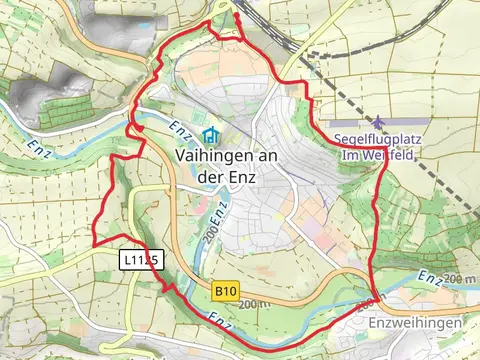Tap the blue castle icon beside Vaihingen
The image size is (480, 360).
pos(210,134)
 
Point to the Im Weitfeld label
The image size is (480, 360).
pos(377,155)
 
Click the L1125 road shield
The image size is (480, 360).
pos(139,259)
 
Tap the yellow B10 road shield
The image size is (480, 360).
pos(226,290)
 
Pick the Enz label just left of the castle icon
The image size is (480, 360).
pos(179,130)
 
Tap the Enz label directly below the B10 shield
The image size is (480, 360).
pos(222,318)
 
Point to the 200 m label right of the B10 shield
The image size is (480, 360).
pos(256,303)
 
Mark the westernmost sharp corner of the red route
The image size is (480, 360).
pos(95,243)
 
